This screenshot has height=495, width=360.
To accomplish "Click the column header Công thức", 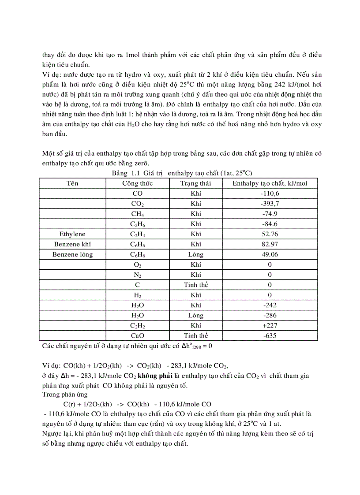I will pos(137,183).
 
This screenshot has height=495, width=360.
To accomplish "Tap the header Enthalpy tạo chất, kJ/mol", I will pos(270,183).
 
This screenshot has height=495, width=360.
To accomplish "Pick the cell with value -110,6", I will pos(270,193).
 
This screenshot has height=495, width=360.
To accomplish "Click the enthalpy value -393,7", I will pos(270,204).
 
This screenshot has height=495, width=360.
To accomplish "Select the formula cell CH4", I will pos(137,214).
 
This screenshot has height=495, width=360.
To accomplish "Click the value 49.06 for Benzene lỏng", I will pos(270,254).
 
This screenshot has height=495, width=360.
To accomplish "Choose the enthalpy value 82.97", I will pos(270,244).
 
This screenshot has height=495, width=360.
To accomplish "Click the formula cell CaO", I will pos(137,335).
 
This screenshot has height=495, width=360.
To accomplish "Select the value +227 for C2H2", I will pos(270,325).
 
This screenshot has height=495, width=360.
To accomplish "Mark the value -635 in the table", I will pos(270,335).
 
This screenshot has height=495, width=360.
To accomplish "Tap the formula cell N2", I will pos(137,275).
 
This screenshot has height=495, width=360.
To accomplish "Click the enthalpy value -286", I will pos(270,315).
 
